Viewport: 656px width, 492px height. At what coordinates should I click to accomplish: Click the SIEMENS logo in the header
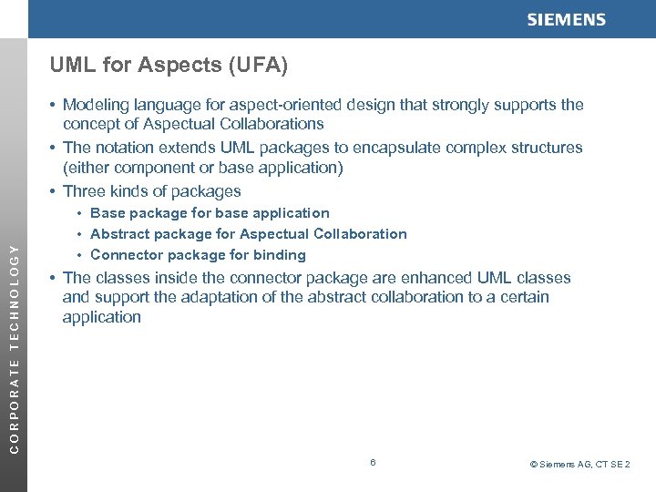[x=566, y=20]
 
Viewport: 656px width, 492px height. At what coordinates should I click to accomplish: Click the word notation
[x=123, y=148]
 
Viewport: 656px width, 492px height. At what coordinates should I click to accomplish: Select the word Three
[x=84, y=191]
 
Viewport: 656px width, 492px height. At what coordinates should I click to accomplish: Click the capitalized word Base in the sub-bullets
[x=108, y=213]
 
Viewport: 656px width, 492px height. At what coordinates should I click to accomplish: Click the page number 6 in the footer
[x=373, y=463]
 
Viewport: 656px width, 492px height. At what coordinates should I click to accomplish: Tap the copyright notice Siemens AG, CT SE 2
[x=580, y=465]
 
